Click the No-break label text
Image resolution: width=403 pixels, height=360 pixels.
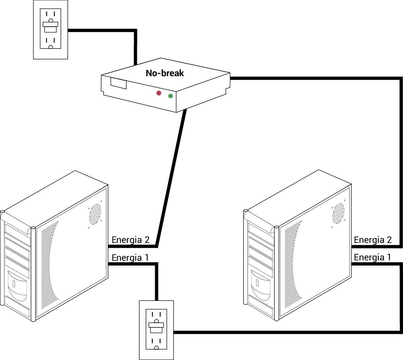point(165,73)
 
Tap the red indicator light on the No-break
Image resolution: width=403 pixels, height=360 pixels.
point(159,93)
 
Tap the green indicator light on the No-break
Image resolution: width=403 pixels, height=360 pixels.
point(170,96)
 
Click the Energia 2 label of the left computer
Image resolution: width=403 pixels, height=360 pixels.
point(131,240)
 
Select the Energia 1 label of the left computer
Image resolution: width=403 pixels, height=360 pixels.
point(130,258)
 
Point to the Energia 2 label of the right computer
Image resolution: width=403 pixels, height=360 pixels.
point(373,240)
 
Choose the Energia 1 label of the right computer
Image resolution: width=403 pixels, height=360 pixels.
point(372,257)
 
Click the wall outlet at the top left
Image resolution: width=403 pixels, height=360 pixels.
point(51,29)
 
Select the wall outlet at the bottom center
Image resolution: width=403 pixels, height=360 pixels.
point(156,330)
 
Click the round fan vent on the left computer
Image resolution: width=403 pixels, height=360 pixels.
point(95,214)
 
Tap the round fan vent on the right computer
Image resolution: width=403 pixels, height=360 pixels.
point(339,213)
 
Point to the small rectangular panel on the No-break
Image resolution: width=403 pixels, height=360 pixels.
point(119,83)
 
